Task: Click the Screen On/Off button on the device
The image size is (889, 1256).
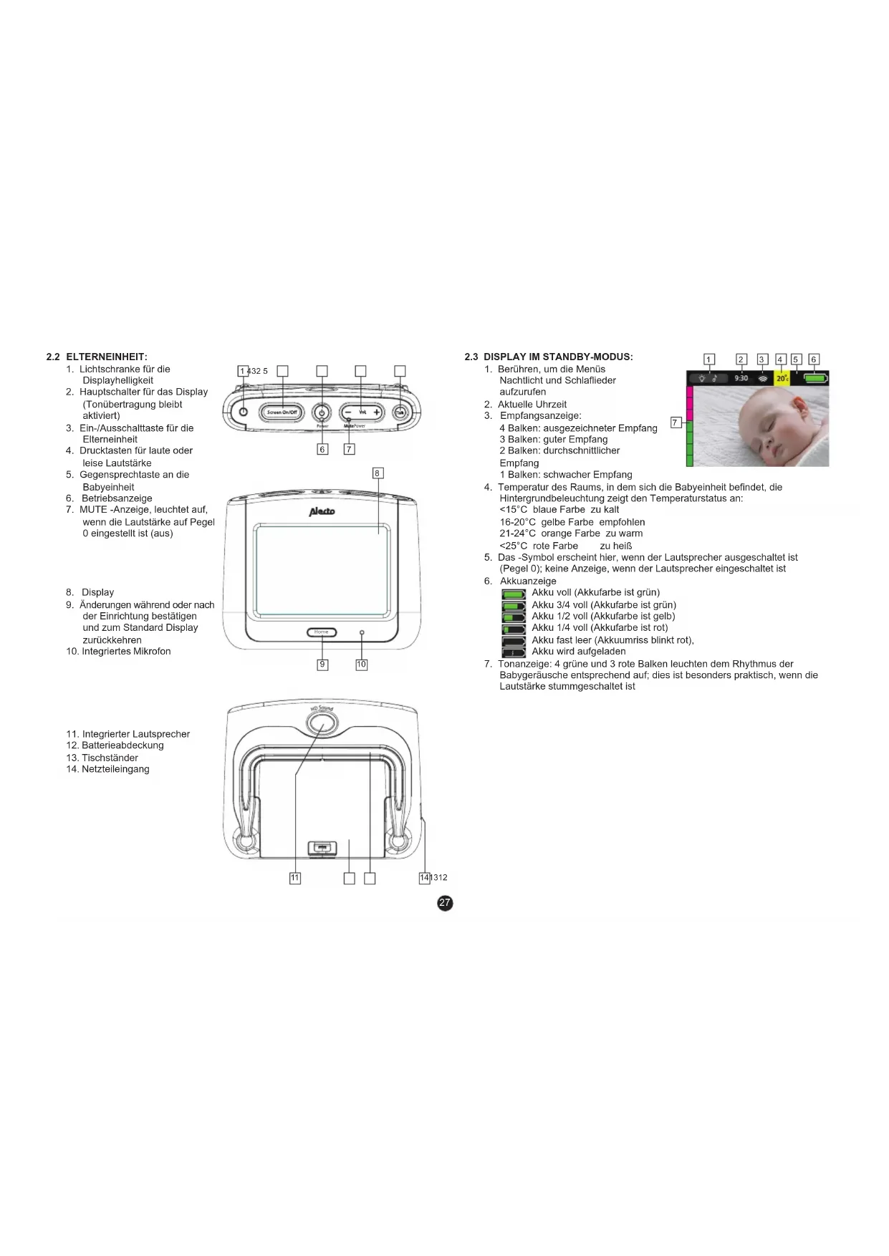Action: click(x=282, y=412)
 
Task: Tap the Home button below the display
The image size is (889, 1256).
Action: click(x=322, y=632)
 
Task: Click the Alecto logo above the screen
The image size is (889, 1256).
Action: click(x=322, y=511)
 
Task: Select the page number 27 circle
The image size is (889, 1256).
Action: click(x=445, y=902)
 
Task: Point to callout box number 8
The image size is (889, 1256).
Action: click(x=377, y=473)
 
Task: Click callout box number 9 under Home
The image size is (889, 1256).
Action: click(x=322, y=665)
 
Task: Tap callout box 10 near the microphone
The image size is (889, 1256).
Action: click(x=361, y=665)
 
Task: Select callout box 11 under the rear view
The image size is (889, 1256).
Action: click(x=295, y=878)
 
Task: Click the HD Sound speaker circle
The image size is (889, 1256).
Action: click(x=322, y=724)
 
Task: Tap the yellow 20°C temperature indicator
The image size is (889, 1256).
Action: click(x=782, y=378)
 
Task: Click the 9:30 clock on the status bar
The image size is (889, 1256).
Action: click(x=741, y=378)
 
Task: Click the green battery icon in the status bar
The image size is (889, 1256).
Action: click(x=815, y=378)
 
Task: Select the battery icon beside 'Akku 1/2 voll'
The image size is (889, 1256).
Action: click(x=514, y=617)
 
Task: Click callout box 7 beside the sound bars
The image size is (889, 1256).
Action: click(x=675, y=422)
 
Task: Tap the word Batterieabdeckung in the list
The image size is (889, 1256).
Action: click(x=122, y=745)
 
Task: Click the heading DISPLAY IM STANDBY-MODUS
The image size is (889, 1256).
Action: click(x=558, y=357)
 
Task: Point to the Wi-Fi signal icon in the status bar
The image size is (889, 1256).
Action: click(x=763, y=378)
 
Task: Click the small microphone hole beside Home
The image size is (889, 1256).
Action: click(x=362, y=633)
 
